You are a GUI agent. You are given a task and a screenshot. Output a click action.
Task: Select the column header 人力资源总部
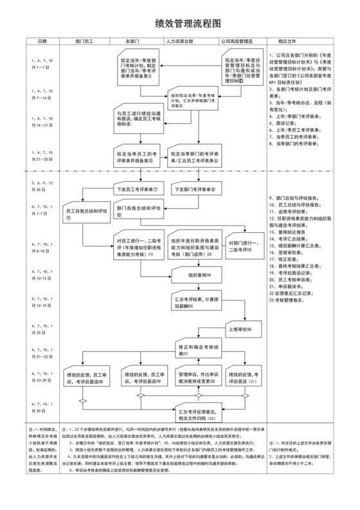[x=183, y=41]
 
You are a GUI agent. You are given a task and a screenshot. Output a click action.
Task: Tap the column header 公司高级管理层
[x=233, y=41]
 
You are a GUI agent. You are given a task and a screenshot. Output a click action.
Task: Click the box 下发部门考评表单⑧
[x=195, y=190]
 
